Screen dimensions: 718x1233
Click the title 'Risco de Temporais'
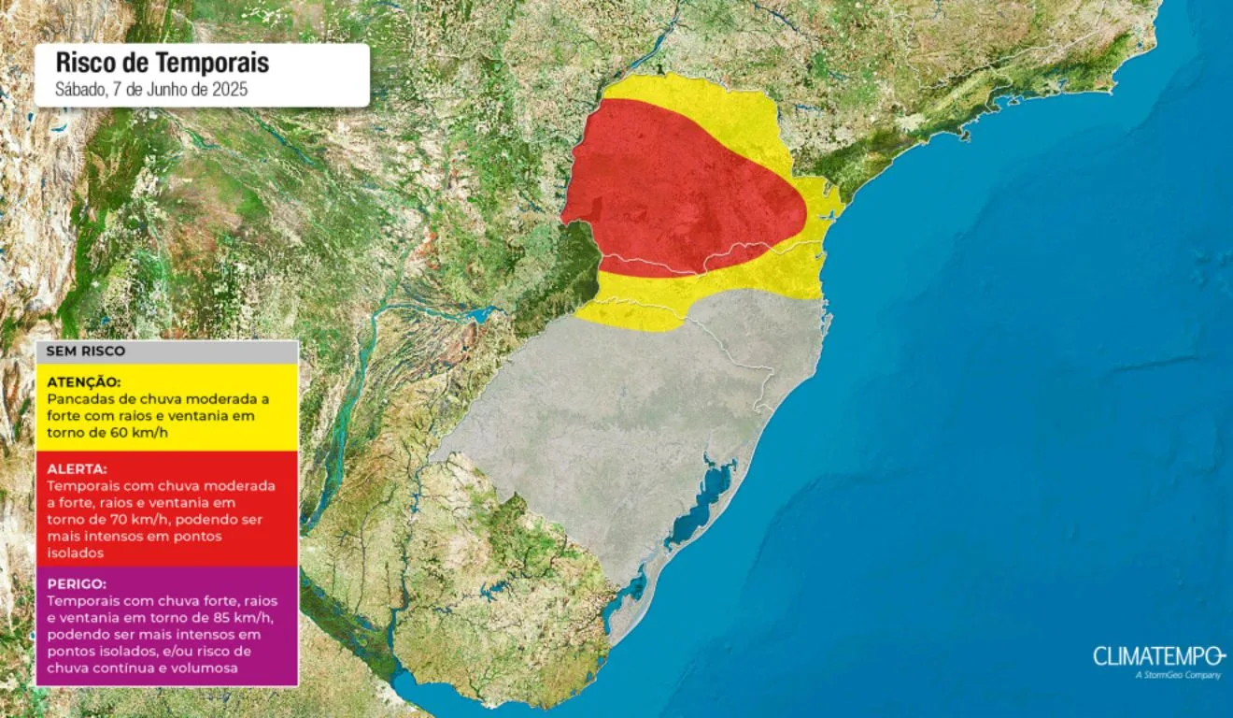163,63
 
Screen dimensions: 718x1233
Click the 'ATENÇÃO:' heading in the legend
83,381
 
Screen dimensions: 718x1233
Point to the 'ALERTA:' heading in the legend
77,468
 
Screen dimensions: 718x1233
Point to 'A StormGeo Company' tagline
1178,675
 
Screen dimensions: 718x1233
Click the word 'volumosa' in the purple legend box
210,668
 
